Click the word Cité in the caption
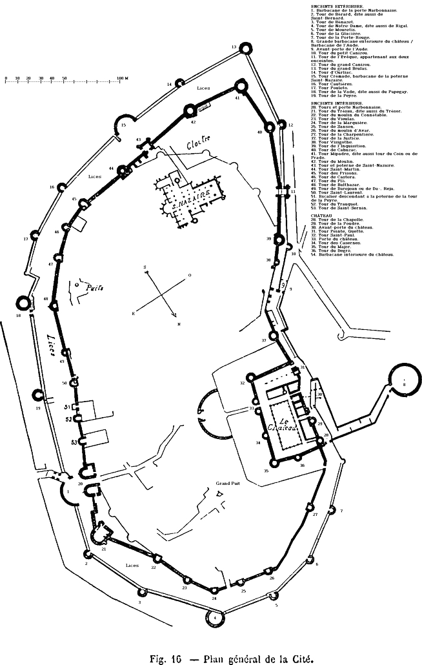(x=303, y=659)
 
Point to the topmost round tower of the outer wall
(x=243, y=48)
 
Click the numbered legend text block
(x=361, y=129)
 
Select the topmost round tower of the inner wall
(x=241, y=86)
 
